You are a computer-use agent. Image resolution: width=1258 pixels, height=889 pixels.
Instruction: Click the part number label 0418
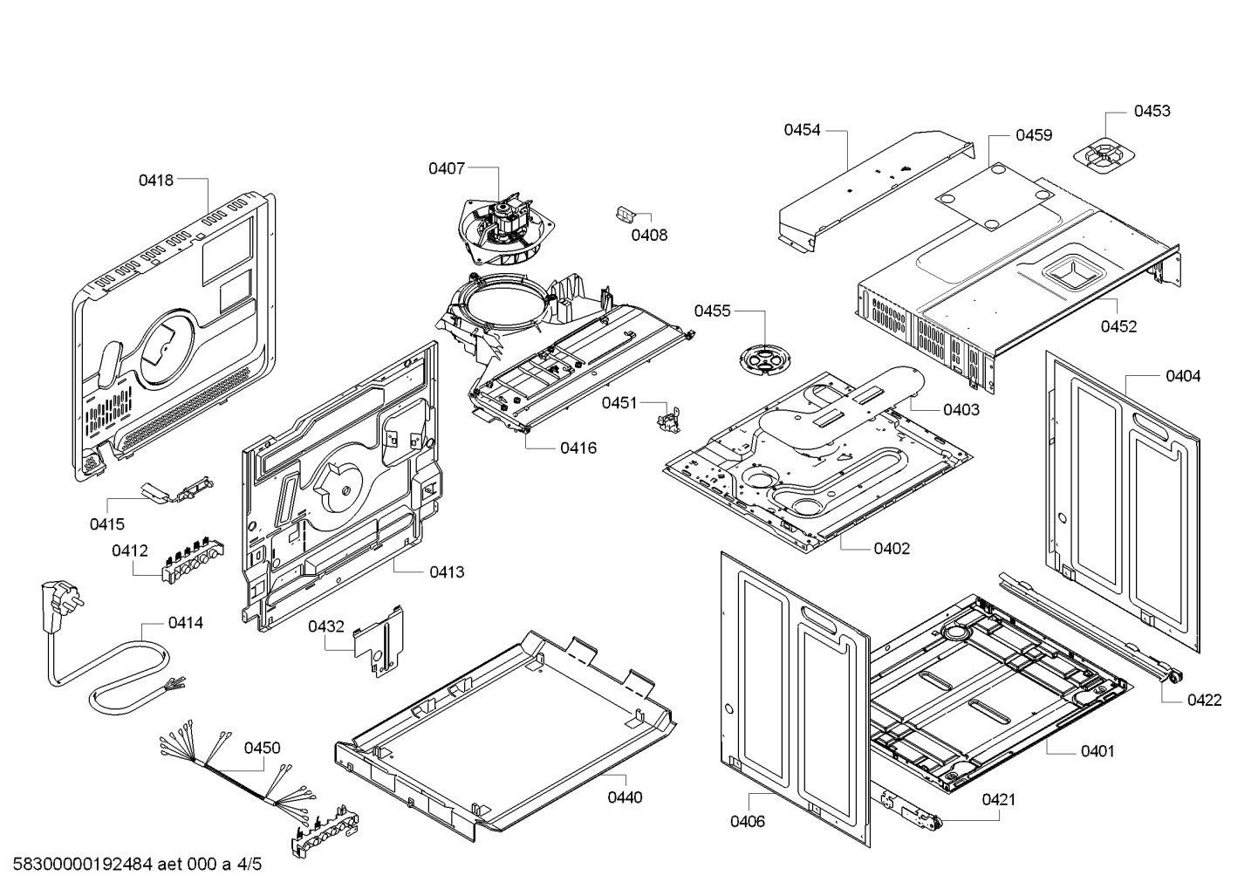tap(156, 181)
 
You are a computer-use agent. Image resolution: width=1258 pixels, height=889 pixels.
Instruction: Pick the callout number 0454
tap(802, 130)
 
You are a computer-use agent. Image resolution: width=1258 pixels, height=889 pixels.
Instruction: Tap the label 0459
tap(1034, 135)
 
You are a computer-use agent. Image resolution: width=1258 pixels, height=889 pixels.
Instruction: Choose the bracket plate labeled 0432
tap(379, 643)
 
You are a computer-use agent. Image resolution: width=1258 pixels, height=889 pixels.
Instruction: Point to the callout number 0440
tap(625, 797)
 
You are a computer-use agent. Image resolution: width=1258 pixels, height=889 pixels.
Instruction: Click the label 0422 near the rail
tap(1204, 700)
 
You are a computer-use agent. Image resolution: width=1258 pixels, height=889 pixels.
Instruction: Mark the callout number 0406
tap(748, 821)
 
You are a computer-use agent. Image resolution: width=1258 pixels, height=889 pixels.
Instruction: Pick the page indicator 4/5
tap(249, 865)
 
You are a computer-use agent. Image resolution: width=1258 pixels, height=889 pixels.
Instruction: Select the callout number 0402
tap(892, 549)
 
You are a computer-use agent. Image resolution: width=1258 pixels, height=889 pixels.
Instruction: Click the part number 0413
tap(447, 572)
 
